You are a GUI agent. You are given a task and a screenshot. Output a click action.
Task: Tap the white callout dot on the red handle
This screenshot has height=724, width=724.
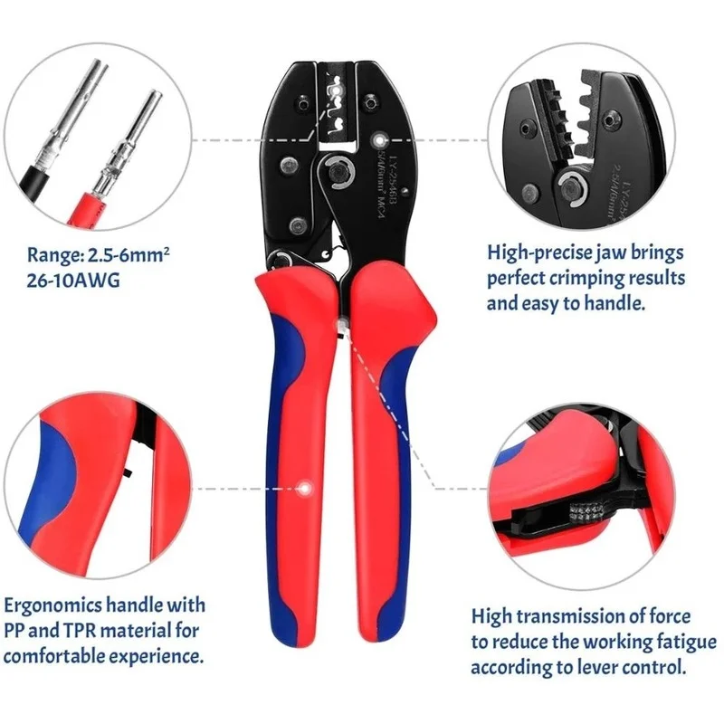tap(308, 488)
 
